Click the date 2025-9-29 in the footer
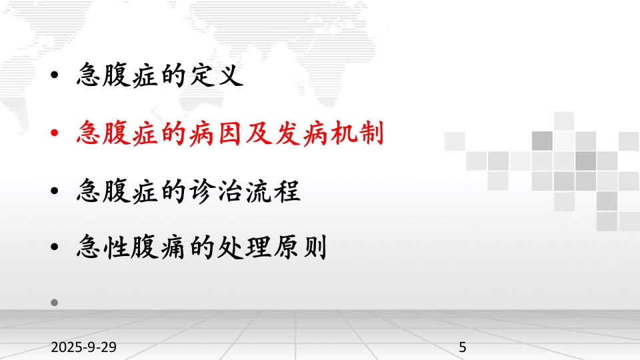84,347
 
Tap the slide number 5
463,347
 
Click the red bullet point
54,133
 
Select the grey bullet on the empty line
54,303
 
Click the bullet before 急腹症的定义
54,75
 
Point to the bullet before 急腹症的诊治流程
54,191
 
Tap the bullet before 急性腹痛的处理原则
54,247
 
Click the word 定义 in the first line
217,75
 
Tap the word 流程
273,191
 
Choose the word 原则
301,247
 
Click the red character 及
259,133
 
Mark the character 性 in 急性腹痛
117,247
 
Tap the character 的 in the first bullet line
173,75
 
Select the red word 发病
301,133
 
